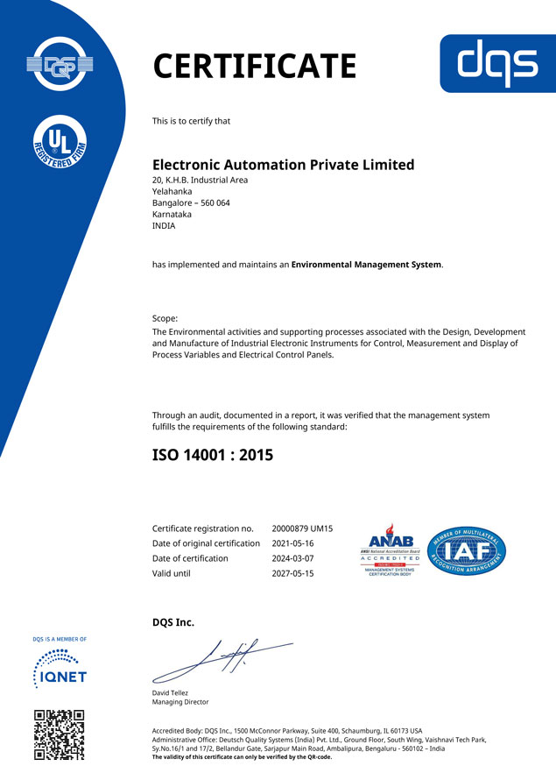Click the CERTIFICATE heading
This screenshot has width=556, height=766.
(x=254, y=67)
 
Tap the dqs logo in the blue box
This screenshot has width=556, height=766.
(x=497, y=63)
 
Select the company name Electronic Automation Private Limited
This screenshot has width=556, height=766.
(x=283, y=165)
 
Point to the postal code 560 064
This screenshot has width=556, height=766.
(x=210, y=203)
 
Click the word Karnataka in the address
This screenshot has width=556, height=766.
(x=172, y=215)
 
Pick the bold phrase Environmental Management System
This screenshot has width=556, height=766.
(x=366, y=265)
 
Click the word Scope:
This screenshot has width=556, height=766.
(x=165, y=318)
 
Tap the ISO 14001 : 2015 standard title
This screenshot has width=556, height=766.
(x=213, y=455)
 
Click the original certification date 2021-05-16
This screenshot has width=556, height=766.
(x=293, y=543)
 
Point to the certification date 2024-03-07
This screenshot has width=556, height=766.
(x=293, y=558)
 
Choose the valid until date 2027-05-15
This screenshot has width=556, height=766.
(x=293, y=573)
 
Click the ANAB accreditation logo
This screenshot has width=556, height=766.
(x=390, y=550)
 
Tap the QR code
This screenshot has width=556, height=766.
(x=60, y=734)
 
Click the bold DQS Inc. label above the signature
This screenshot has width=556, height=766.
(x=173, y=622)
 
